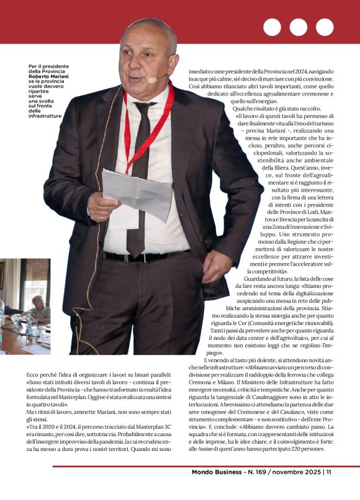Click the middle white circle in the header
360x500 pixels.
pos(298,27)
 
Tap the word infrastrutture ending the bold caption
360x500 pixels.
pos(45,116)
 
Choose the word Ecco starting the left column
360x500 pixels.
pos(34,377)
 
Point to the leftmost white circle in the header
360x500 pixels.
pos(271,27)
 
